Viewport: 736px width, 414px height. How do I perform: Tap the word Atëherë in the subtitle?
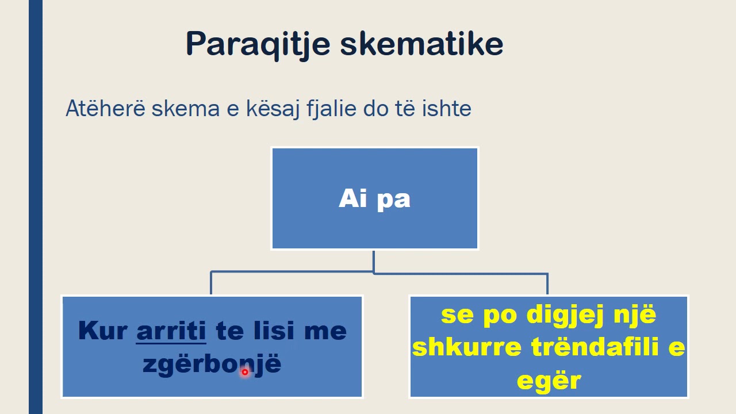tap(106, 109)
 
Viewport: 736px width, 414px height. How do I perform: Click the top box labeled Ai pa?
tap(374, 198)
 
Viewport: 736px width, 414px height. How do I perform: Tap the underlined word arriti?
tap(171, 331)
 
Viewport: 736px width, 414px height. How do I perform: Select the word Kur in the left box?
tap(102, 331)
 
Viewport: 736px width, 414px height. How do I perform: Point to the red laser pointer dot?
tap(244, 372)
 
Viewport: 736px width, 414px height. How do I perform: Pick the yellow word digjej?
tap(561, 315)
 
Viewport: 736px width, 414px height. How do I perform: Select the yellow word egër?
tap(549, 381)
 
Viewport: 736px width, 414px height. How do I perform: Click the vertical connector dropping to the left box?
tap(211, 283)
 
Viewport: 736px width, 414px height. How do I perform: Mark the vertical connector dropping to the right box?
tap(547, 284)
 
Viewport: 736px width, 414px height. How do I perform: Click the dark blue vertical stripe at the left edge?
tap(36, 207)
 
